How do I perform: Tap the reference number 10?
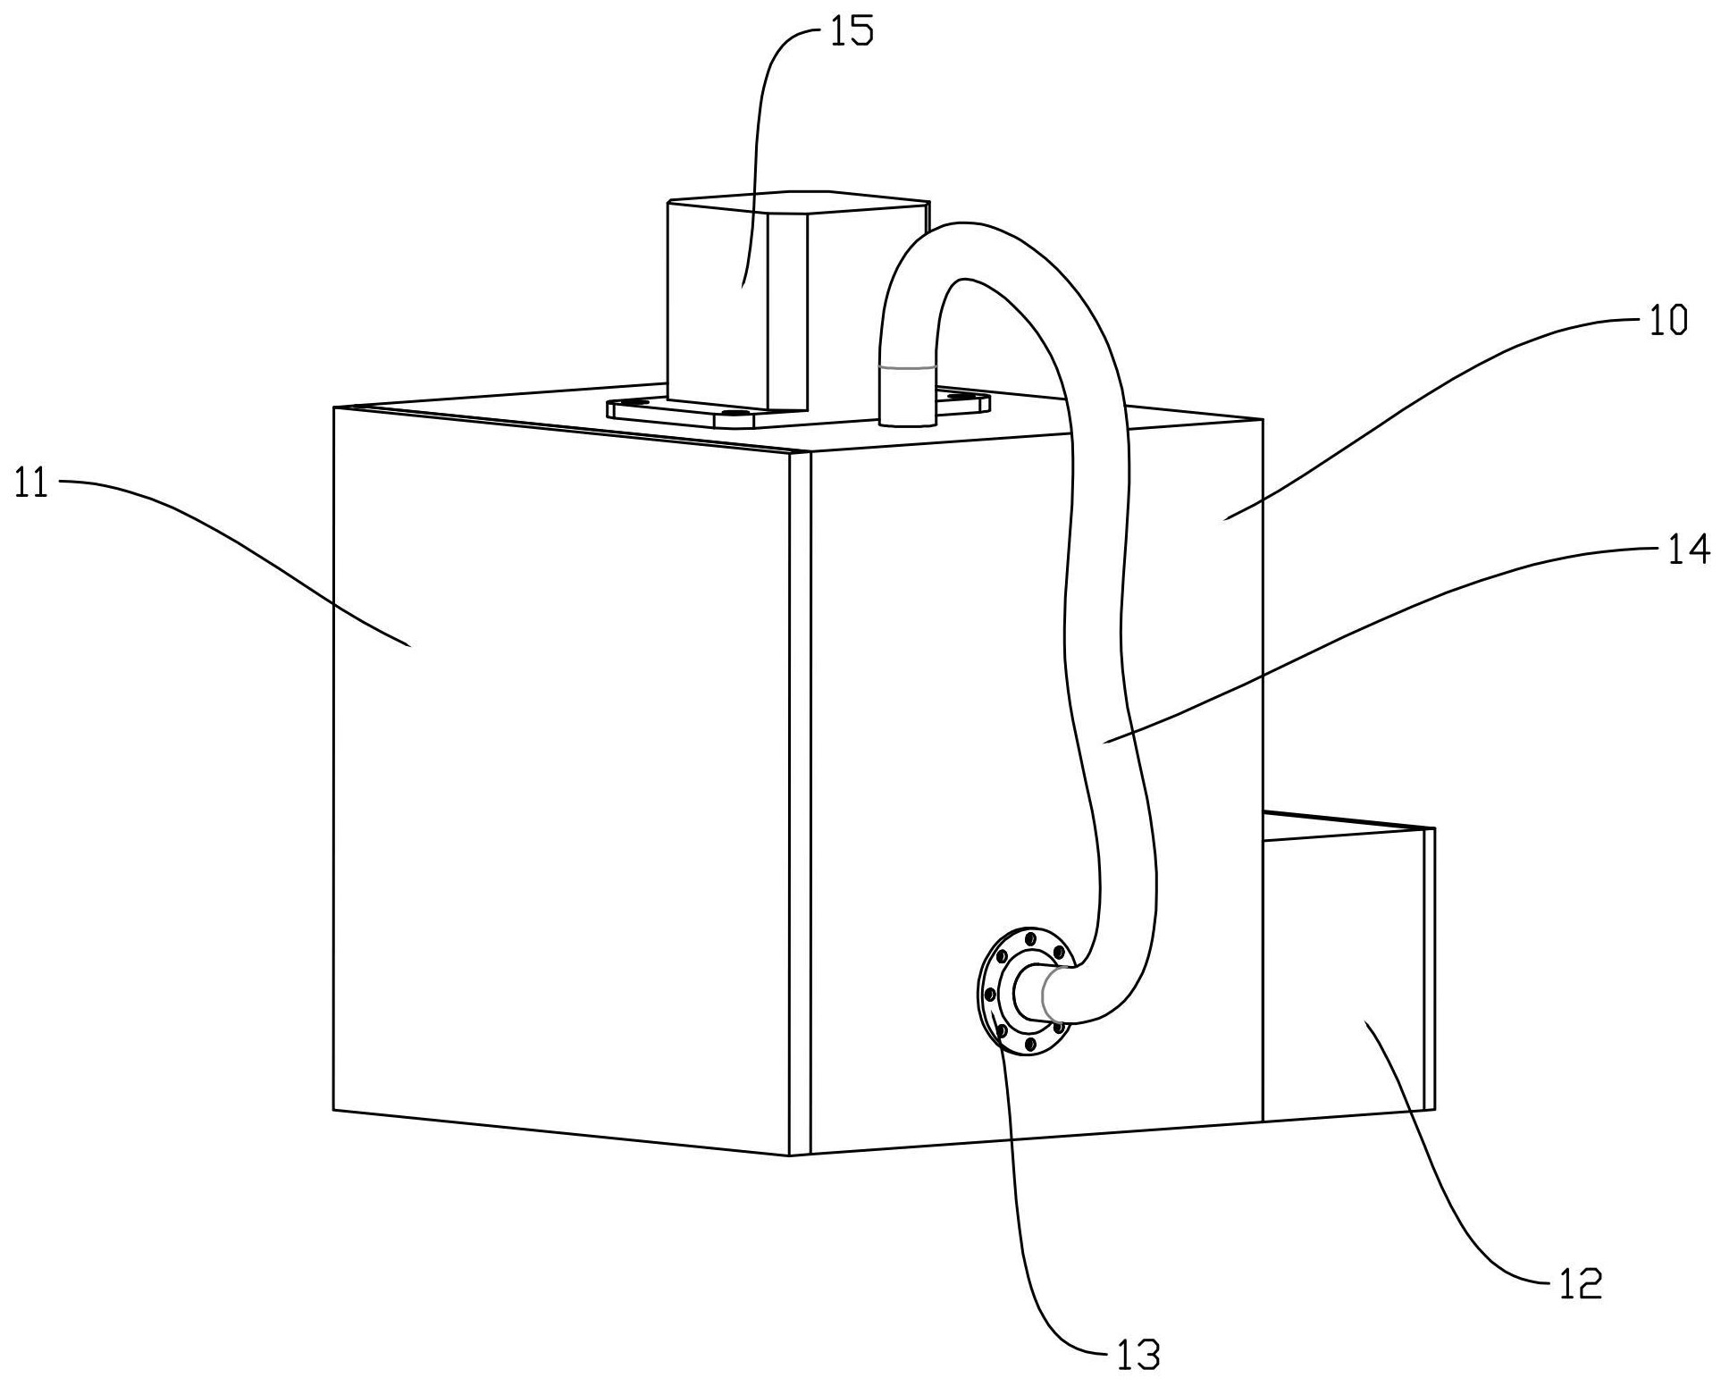(1667, 320)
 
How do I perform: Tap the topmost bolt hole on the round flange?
(1031, 938)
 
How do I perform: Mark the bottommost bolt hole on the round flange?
(1029, 1044)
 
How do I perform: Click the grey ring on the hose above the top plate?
(908, 365)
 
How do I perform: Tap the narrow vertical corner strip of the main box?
(800, 804)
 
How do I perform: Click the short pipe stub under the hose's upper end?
(907, 398)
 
